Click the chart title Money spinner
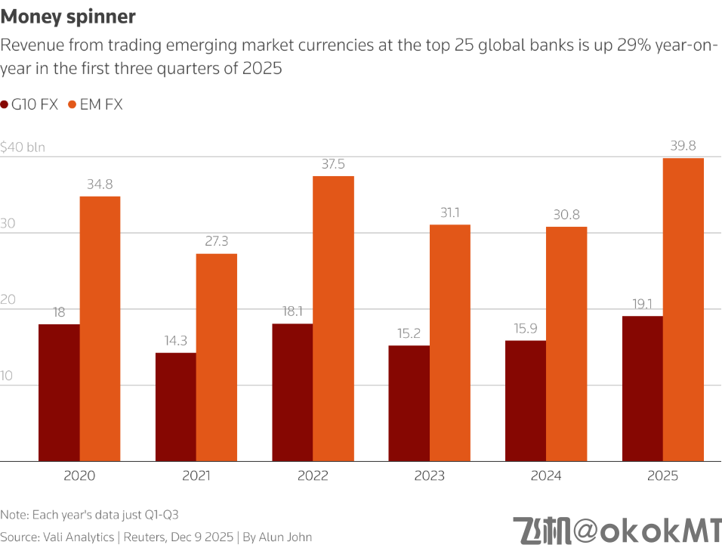[x=69, y=16]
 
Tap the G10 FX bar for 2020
[x=59, y=392]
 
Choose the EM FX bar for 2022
[x=333, y=318]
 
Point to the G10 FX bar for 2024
[x=526, y=401]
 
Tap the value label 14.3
[x=175, y=341]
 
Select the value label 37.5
[x=333, y=164]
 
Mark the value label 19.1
[x=642, y=304]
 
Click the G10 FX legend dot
[x=5, y=105]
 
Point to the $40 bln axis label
[x=23, y=147]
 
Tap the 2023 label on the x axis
[x=429, y=476]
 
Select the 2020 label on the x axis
[x=79, y=476]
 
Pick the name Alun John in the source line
[x=285, y=537]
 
